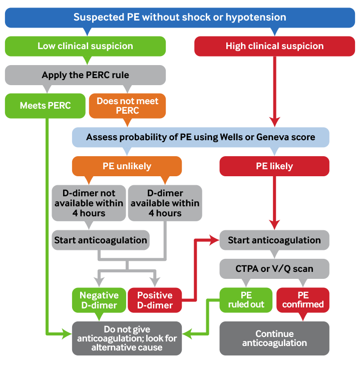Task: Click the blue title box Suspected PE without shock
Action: (x=180, y=17)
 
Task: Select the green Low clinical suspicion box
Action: (x=85, y=46)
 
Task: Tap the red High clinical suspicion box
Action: (x=274, y=46)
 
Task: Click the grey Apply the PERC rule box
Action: (x=85, y=75)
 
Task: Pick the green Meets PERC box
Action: (x=45, y=105)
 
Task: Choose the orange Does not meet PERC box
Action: (x=127, y=105)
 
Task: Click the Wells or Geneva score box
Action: (x=200, y=137)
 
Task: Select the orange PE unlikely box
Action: (x=127, y=166)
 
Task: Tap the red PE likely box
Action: (x=274, y=166)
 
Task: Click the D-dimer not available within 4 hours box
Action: (x=89, y=203)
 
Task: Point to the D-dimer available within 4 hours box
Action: (x=165, y=203)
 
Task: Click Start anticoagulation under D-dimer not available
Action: (x=100, y=240)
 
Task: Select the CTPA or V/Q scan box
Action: (x=274, y=269)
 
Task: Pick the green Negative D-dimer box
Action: (x=99, y=300)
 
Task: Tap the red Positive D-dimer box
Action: (x=155, y=300)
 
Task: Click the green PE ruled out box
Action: (x=246, y=300)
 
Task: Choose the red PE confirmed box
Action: (x=303, y=300)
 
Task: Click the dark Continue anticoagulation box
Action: (x=274, y=338)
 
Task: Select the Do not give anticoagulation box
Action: (x=127, y=338)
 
